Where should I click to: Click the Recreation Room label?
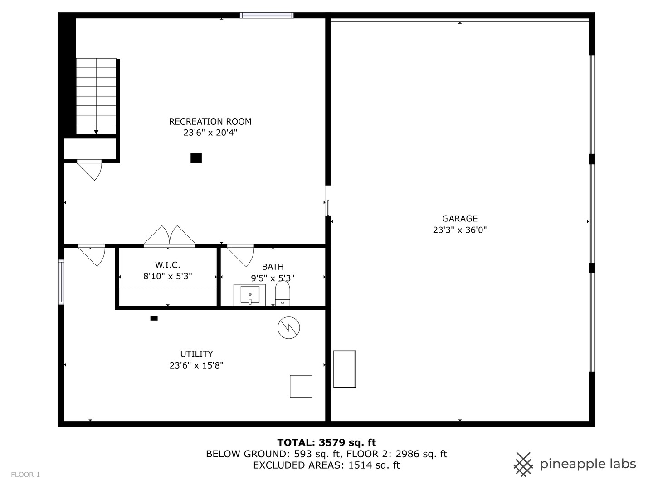coord(210,121)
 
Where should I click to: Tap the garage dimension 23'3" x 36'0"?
coord(459,230)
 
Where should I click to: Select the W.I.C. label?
coord(167,265)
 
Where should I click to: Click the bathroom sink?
coord(249,295)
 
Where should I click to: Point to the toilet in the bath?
coord(283,293)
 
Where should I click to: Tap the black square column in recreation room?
coord(196,158)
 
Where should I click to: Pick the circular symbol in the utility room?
coord(289,327)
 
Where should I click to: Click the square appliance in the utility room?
coord(301,386)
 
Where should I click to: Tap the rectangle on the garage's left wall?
coord(344,369)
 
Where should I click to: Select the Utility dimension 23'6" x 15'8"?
coord(196,365)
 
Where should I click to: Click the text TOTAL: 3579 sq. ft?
coord(326,442)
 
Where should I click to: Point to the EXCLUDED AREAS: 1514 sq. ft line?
coord(326,465)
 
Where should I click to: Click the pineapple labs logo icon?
coord(523,464)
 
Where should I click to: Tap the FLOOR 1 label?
coord(25,475)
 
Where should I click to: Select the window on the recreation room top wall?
coord(267,15)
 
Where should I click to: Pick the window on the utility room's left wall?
coord(61,282)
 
